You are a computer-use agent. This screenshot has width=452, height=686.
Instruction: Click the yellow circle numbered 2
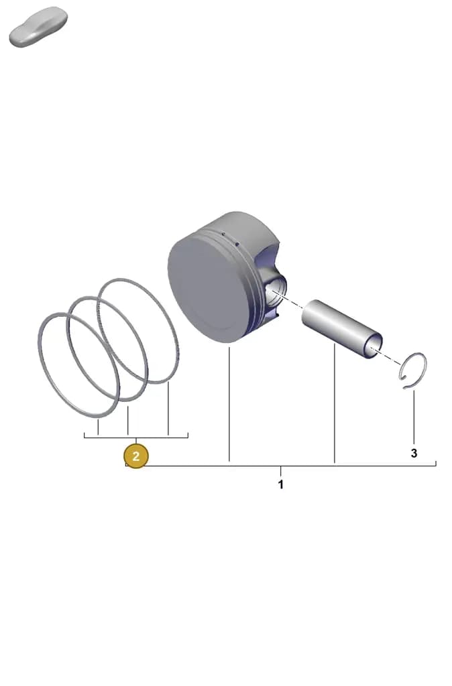point(135,456)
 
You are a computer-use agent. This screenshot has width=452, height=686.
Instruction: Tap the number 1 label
point(281,484)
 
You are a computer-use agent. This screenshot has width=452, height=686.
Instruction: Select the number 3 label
point(414,454)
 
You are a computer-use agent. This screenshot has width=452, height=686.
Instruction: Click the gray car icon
point(38,27)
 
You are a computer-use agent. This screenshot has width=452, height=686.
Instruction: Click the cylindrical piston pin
point(342,329)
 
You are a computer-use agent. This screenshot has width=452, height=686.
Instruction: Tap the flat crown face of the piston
point(206,289)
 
